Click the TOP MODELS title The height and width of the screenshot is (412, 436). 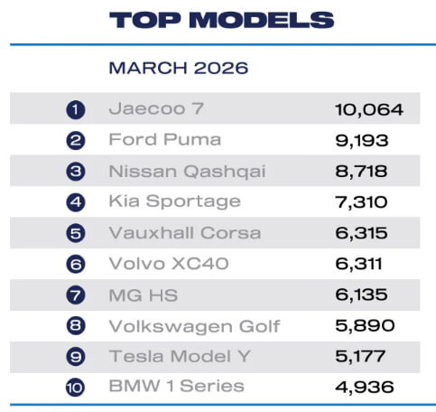(x=221, y=20)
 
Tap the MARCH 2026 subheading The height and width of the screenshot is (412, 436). (x=179, y=68)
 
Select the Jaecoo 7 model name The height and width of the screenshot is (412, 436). (x=156, y=108)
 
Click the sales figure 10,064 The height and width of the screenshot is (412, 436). (x=369, y=109)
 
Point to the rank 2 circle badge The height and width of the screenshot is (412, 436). (x=76, y=141)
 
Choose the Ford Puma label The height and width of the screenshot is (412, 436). (x=165, y=139)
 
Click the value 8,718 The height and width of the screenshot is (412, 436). (x=361, y=172)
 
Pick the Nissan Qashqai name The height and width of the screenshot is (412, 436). (x=187, y=172)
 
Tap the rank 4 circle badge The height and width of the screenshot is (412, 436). (x=76, y=202)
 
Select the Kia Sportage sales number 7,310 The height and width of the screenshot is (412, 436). (x=361, y=202)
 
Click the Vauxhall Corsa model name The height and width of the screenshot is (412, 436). (x=185, y=233)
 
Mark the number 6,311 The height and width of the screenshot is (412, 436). (x=358, y=264)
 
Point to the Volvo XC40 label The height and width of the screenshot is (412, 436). (x=169, y=264)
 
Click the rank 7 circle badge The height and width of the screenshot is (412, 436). (x=76, y=295)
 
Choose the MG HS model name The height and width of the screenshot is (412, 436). (x=144, y=295)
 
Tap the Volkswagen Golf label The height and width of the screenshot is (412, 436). (x=194, y=326)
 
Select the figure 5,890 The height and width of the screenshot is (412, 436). (x=365, y=325)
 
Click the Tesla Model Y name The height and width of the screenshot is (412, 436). (x=180, y=356)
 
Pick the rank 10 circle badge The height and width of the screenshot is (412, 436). (x=76, y=388)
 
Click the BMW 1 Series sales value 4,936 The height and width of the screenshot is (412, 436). (x=364, y=388)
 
